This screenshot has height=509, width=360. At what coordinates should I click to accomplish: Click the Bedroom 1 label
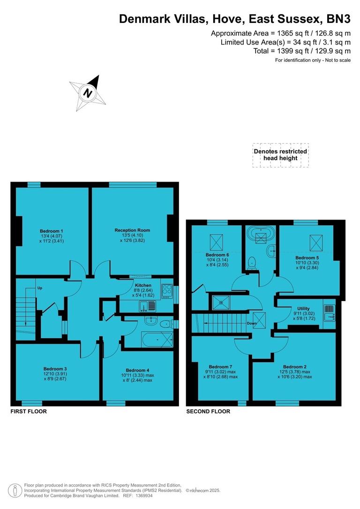(52, 231)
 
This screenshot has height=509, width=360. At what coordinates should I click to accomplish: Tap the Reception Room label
(132, 230)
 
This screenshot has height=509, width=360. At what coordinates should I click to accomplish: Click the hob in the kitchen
(166, 289)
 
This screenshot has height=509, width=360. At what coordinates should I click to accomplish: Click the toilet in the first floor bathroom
(165, 325)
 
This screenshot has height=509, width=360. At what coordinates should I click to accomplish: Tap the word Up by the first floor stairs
(40, 288)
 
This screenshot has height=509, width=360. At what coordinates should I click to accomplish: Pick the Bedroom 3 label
(55, 368)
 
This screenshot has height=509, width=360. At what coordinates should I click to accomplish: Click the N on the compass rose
(87, 93)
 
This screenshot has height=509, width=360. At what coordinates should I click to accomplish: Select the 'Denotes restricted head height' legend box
(280, 155)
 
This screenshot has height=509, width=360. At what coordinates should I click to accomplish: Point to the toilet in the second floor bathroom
(253, 262)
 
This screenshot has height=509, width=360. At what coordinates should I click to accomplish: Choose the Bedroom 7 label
(220, 366)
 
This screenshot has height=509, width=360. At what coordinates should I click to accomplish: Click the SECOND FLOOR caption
(208, 411)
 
